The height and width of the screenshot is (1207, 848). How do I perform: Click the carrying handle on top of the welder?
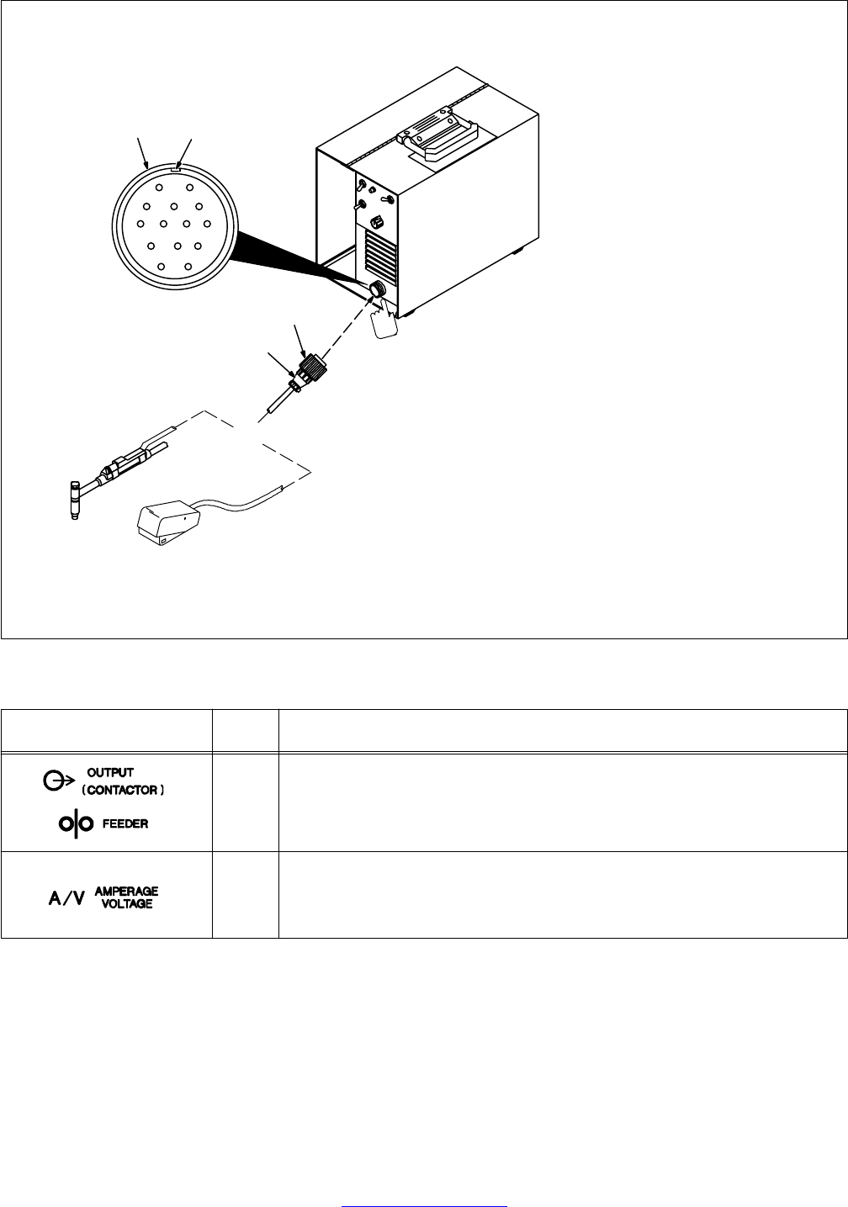(440, 138)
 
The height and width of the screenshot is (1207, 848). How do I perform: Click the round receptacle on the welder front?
(378, 290)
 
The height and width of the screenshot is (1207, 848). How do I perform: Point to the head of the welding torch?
(74, 499)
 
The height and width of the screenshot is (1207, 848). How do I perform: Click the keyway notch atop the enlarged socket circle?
(174, 167)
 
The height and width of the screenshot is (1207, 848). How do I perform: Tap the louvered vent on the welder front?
(380, 257)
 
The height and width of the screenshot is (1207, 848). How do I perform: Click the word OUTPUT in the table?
(112, 772)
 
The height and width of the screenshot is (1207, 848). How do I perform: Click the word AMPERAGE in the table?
(126, 891)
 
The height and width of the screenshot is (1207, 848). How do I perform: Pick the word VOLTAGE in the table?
(126, 903)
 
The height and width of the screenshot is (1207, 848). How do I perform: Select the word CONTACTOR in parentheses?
(123, 791)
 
